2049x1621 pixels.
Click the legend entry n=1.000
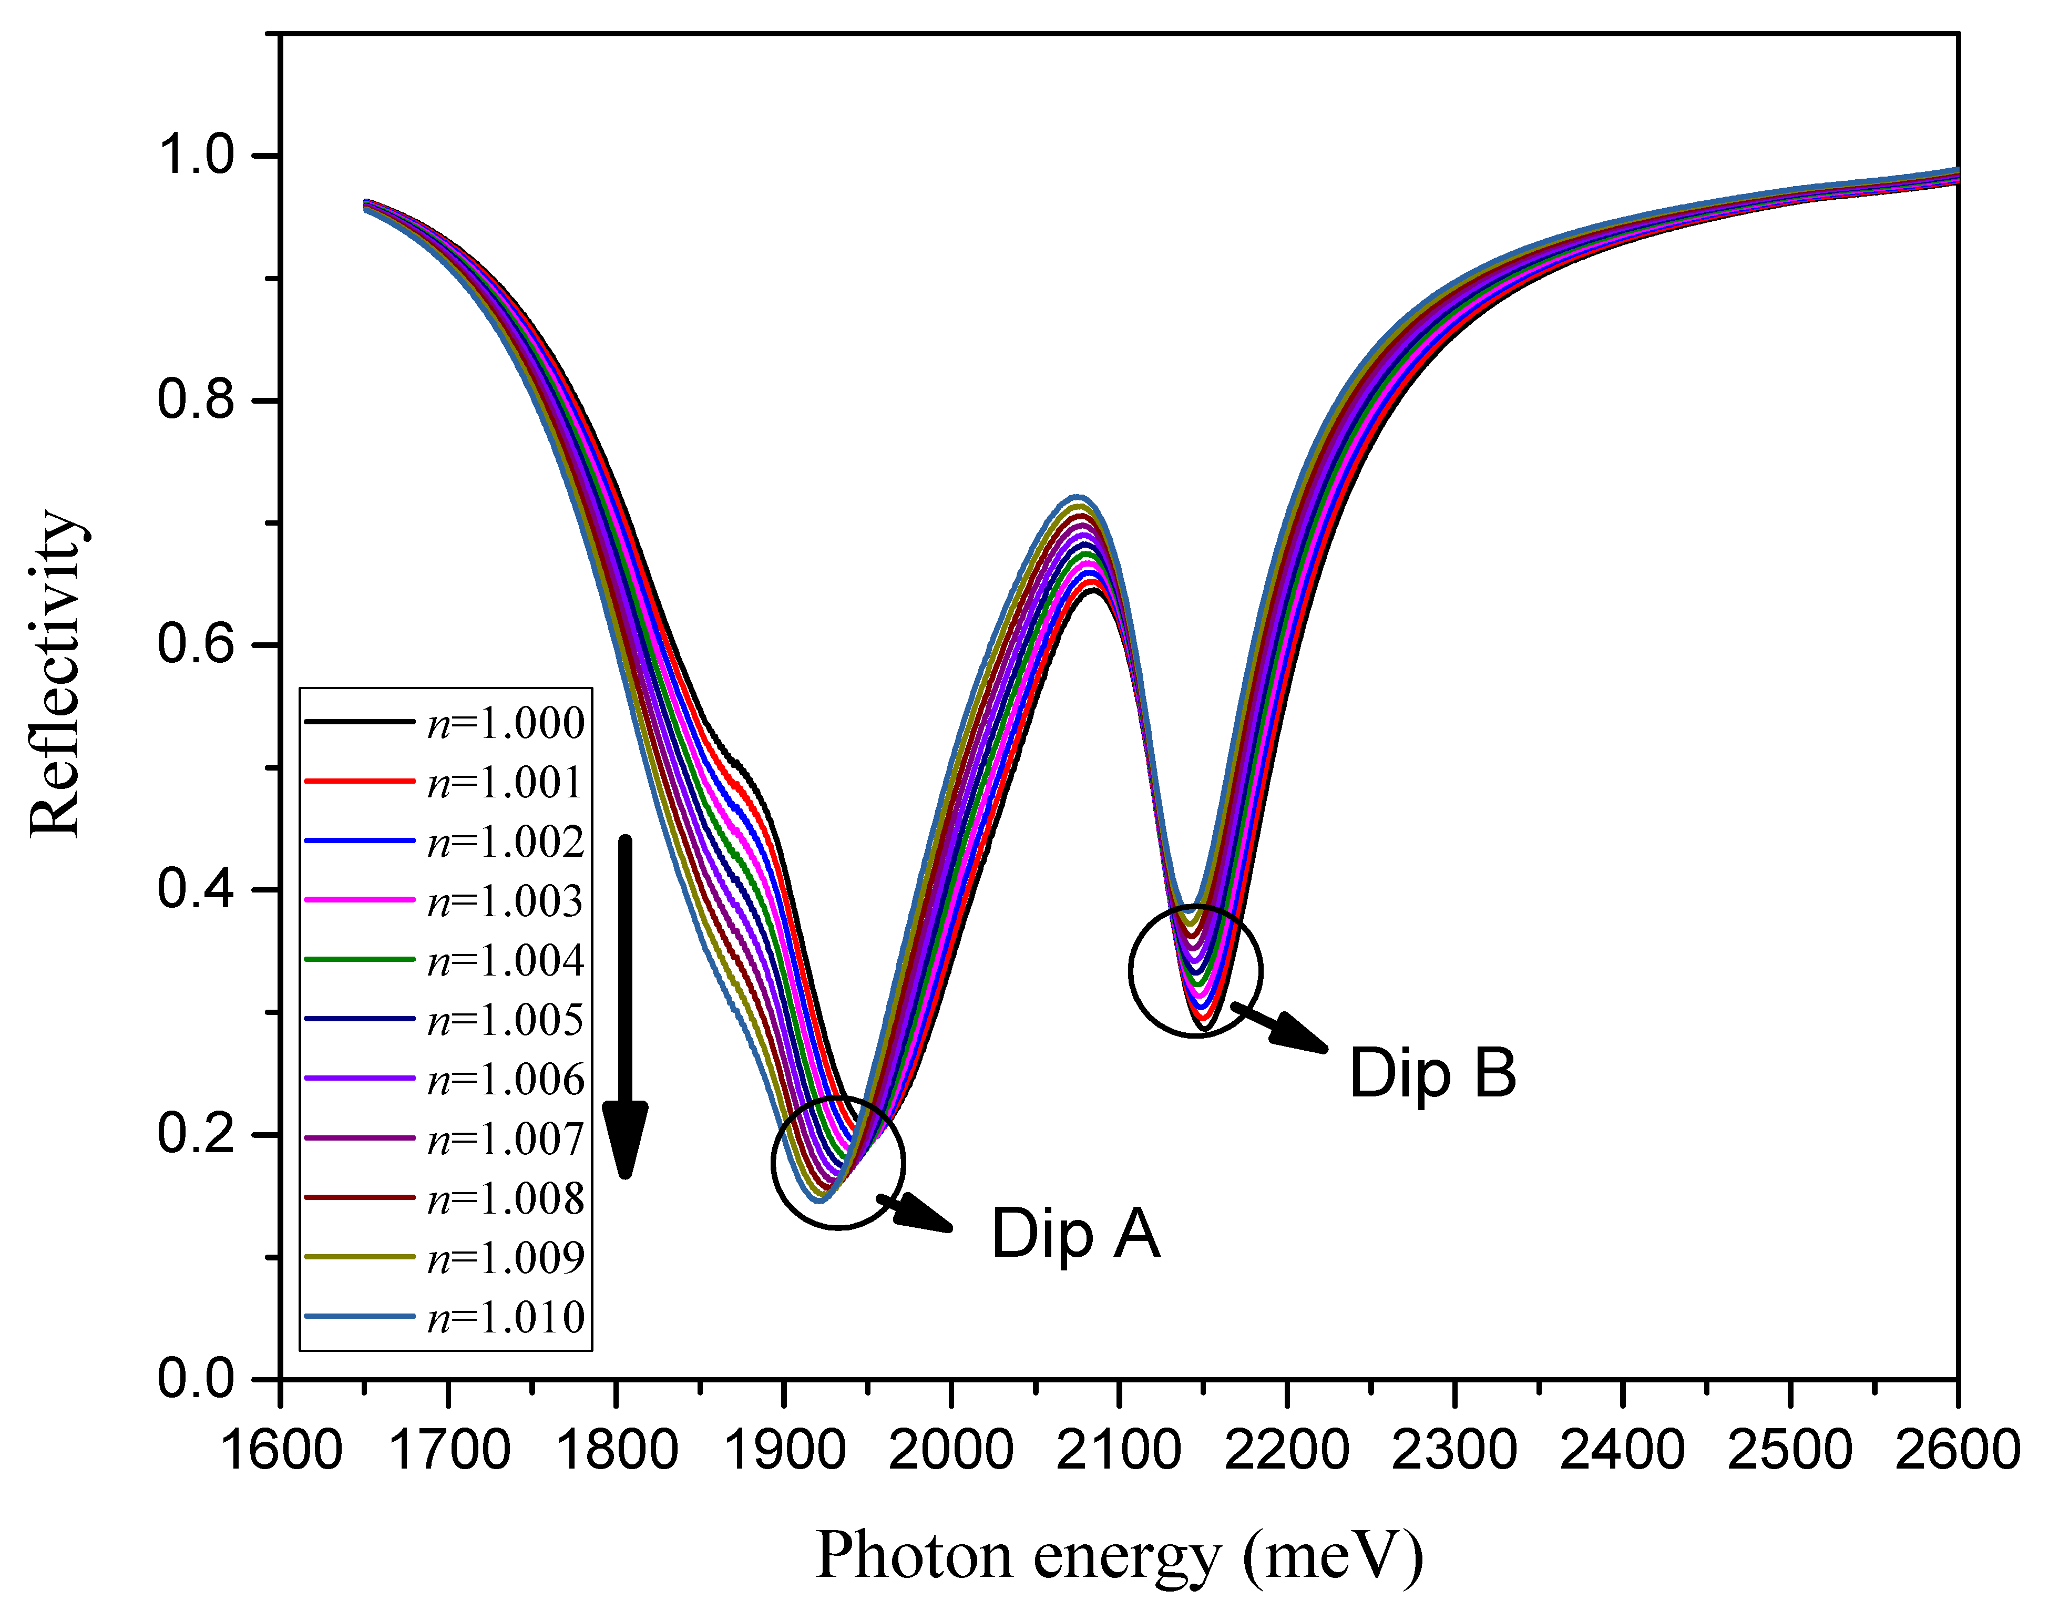(505, 723)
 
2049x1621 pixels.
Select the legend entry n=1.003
(505, 901)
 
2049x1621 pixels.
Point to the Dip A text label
(1075, 1234)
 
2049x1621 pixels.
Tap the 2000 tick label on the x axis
(950, 1450)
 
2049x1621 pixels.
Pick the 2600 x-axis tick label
(1957, 1450)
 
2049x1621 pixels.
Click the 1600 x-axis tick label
(281, 1450)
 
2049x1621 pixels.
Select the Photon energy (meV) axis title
(1119, 1556)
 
